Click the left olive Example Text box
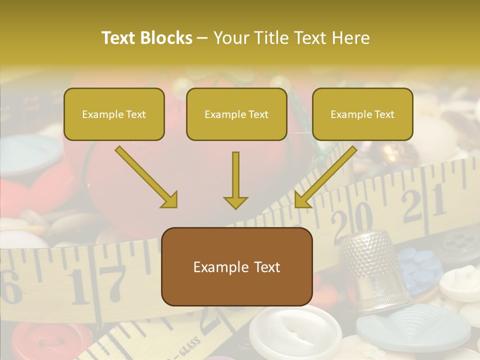(x=114, y=114)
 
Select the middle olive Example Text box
(x=236, y=114)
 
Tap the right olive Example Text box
(x=362, y=114)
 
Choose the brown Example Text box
(x=236, y=267)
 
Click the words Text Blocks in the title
(x=147, y=38)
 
